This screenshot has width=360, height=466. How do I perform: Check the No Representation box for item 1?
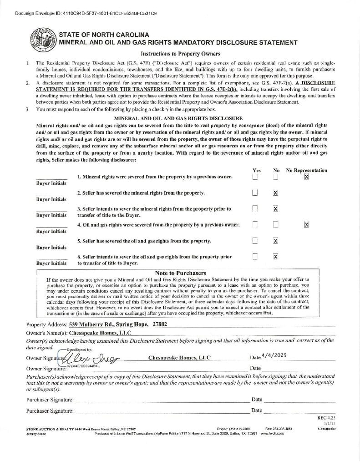coord(306,177)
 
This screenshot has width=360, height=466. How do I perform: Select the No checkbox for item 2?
coord(275,193)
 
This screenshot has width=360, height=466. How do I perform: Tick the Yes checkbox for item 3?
coord(255,208)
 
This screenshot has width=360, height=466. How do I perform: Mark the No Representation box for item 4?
coord(306,224)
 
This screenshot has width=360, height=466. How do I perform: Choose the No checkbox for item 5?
coord(275,241)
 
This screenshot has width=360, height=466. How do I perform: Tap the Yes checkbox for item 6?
coord(255,257)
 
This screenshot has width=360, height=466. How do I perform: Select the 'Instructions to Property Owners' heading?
coord(180,54)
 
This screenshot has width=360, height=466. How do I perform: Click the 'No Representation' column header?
coord(306,170)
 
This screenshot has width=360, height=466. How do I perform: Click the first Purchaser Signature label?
coord(50,400)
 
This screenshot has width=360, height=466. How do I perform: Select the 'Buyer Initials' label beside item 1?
coord(51,183)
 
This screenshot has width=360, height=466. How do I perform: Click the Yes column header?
coord(256,170)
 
